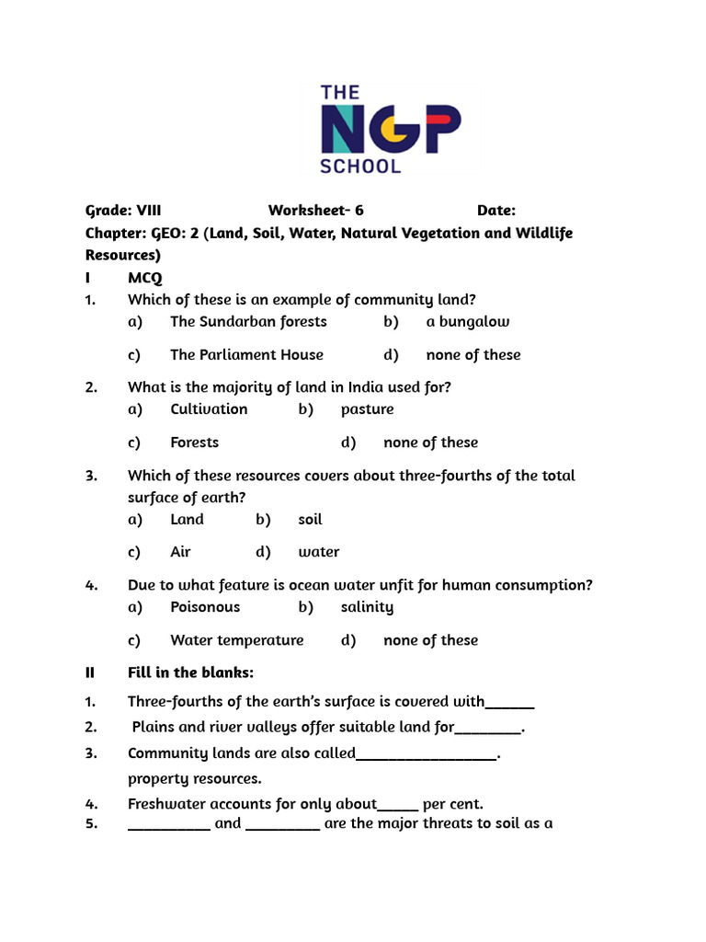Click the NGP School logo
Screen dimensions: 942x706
(390, 130)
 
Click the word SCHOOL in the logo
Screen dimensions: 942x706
(360, 167)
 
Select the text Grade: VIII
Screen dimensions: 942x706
(123, 211)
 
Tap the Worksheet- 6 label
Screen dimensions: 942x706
(315, 211)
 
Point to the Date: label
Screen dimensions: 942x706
(495, 211)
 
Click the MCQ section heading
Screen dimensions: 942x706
(145, 277)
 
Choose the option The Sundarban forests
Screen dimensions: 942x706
(248, 321)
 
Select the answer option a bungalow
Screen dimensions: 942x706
(467, 321)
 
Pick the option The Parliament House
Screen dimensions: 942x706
(246, 354)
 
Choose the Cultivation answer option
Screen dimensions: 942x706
(209, 408)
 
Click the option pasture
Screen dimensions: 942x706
(367, 408)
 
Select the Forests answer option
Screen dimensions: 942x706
(194, 442)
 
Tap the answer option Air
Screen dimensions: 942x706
(180, 552)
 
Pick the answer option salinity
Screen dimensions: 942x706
(367, 607)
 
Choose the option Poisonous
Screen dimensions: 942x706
(205, 607)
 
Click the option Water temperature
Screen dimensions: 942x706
(236, 640)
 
